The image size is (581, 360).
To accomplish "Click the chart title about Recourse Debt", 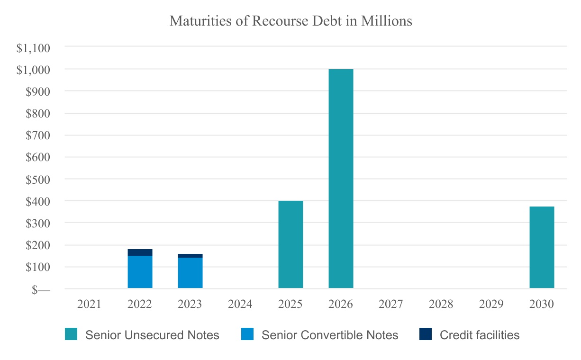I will (x=290, y=21).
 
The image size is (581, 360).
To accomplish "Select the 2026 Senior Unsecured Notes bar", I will (x=341, y=179).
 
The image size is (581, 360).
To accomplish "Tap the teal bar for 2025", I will (x=290, y=244).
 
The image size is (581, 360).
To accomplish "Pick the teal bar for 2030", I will (x=542, y=247).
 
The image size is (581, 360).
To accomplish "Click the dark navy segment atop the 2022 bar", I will (x=140, y=252).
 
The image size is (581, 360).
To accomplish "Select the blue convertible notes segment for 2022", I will (x=140, y=272).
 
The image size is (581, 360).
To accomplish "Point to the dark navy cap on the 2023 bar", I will (x=190, y=256).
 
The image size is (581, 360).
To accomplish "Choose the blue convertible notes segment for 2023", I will (x=190, y=273).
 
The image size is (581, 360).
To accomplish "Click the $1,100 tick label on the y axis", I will (x=33, y=48).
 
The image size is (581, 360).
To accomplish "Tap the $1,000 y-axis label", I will (x=33, y=70).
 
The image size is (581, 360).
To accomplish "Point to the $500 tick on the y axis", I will (x=38, y=180).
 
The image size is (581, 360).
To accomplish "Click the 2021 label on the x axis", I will (x=90, y=304).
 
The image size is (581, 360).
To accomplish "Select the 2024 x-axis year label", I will (x=240, y=304).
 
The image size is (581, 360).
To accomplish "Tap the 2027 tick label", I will (x=391, y=304).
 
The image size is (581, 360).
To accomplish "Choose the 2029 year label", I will (x=491, y=304).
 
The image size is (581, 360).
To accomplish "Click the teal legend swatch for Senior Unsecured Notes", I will (x=71, y=335).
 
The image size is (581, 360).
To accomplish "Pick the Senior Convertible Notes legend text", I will (x=330, y=335).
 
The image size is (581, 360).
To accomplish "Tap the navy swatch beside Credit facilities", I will (x=425, y=335).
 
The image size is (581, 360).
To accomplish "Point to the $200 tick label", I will (x=38, y=246).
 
